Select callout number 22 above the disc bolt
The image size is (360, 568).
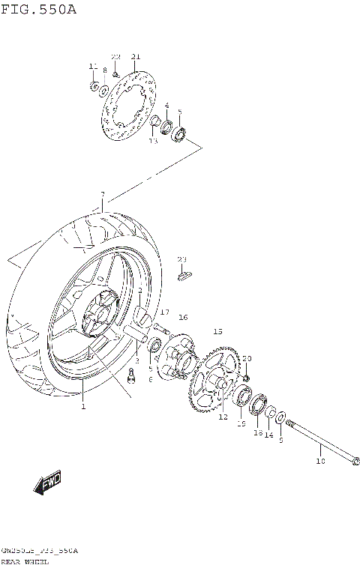click(115, 57)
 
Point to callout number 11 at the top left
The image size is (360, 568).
click(93, 67)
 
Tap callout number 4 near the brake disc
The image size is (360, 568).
click(166, 106)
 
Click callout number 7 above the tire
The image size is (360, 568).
click(102, 195)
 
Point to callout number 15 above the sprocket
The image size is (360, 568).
click(217, 331)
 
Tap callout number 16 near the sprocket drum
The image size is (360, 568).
click(183, 318)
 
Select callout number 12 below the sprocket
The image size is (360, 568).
click(223, 417)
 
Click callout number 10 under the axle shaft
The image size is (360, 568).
click(321, 462)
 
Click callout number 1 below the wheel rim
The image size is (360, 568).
click(83, 406)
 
